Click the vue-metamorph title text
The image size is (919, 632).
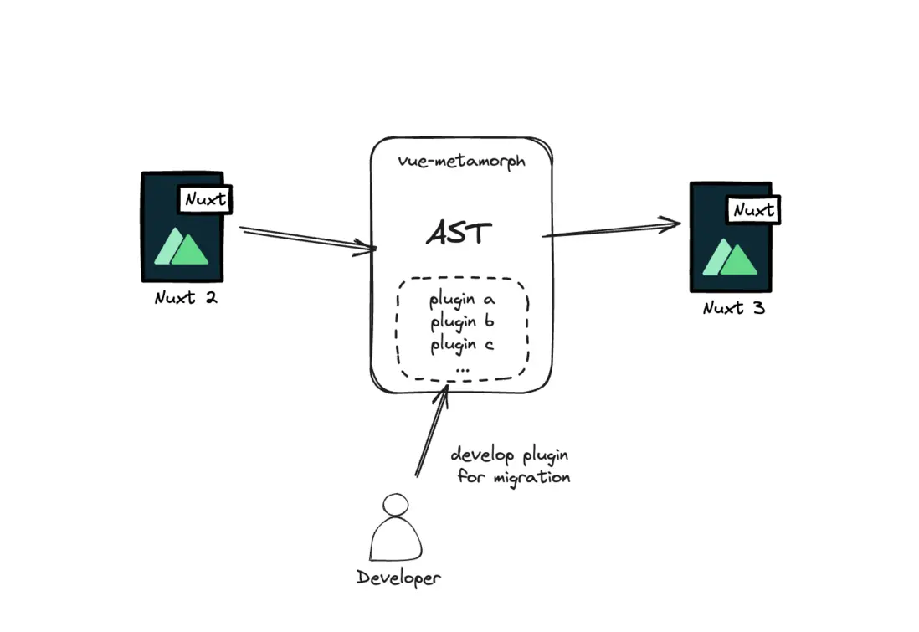(x=461, y=161)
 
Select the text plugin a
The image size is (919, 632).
(x=462, y=300)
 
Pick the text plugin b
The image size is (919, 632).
(x=462, y=322)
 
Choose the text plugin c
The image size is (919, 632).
(x=462, y=344)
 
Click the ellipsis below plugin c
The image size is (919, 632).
(x=462, y=367)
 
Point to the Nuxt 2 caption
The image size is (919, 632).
(x=186, y=297)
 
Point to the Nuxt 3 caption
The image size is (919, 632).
(x=734, y=308)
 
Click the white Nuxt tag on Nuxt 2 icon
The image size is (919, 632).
(x=205, y=200)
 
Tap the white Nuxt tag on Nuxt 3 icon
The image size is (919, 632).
(x=753, y=210)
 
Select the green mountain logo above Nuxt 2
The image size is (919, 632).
(x=182, y=246)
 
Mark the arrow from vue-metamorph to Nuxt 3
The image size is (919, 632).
(x=611, y=229)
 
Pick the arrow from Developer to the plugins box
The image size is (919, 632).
(x=432, y=431)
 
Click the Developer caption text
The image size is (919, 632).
(x=398, y=578)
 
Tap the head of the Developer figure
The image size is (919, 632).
(x=396, y=505)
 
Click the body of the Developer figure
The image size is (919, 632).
(x=397, y=540)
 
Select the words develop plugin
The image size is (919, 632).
(x=510, y=455)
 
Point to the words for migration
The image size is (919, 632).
(x=513, y=477)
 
